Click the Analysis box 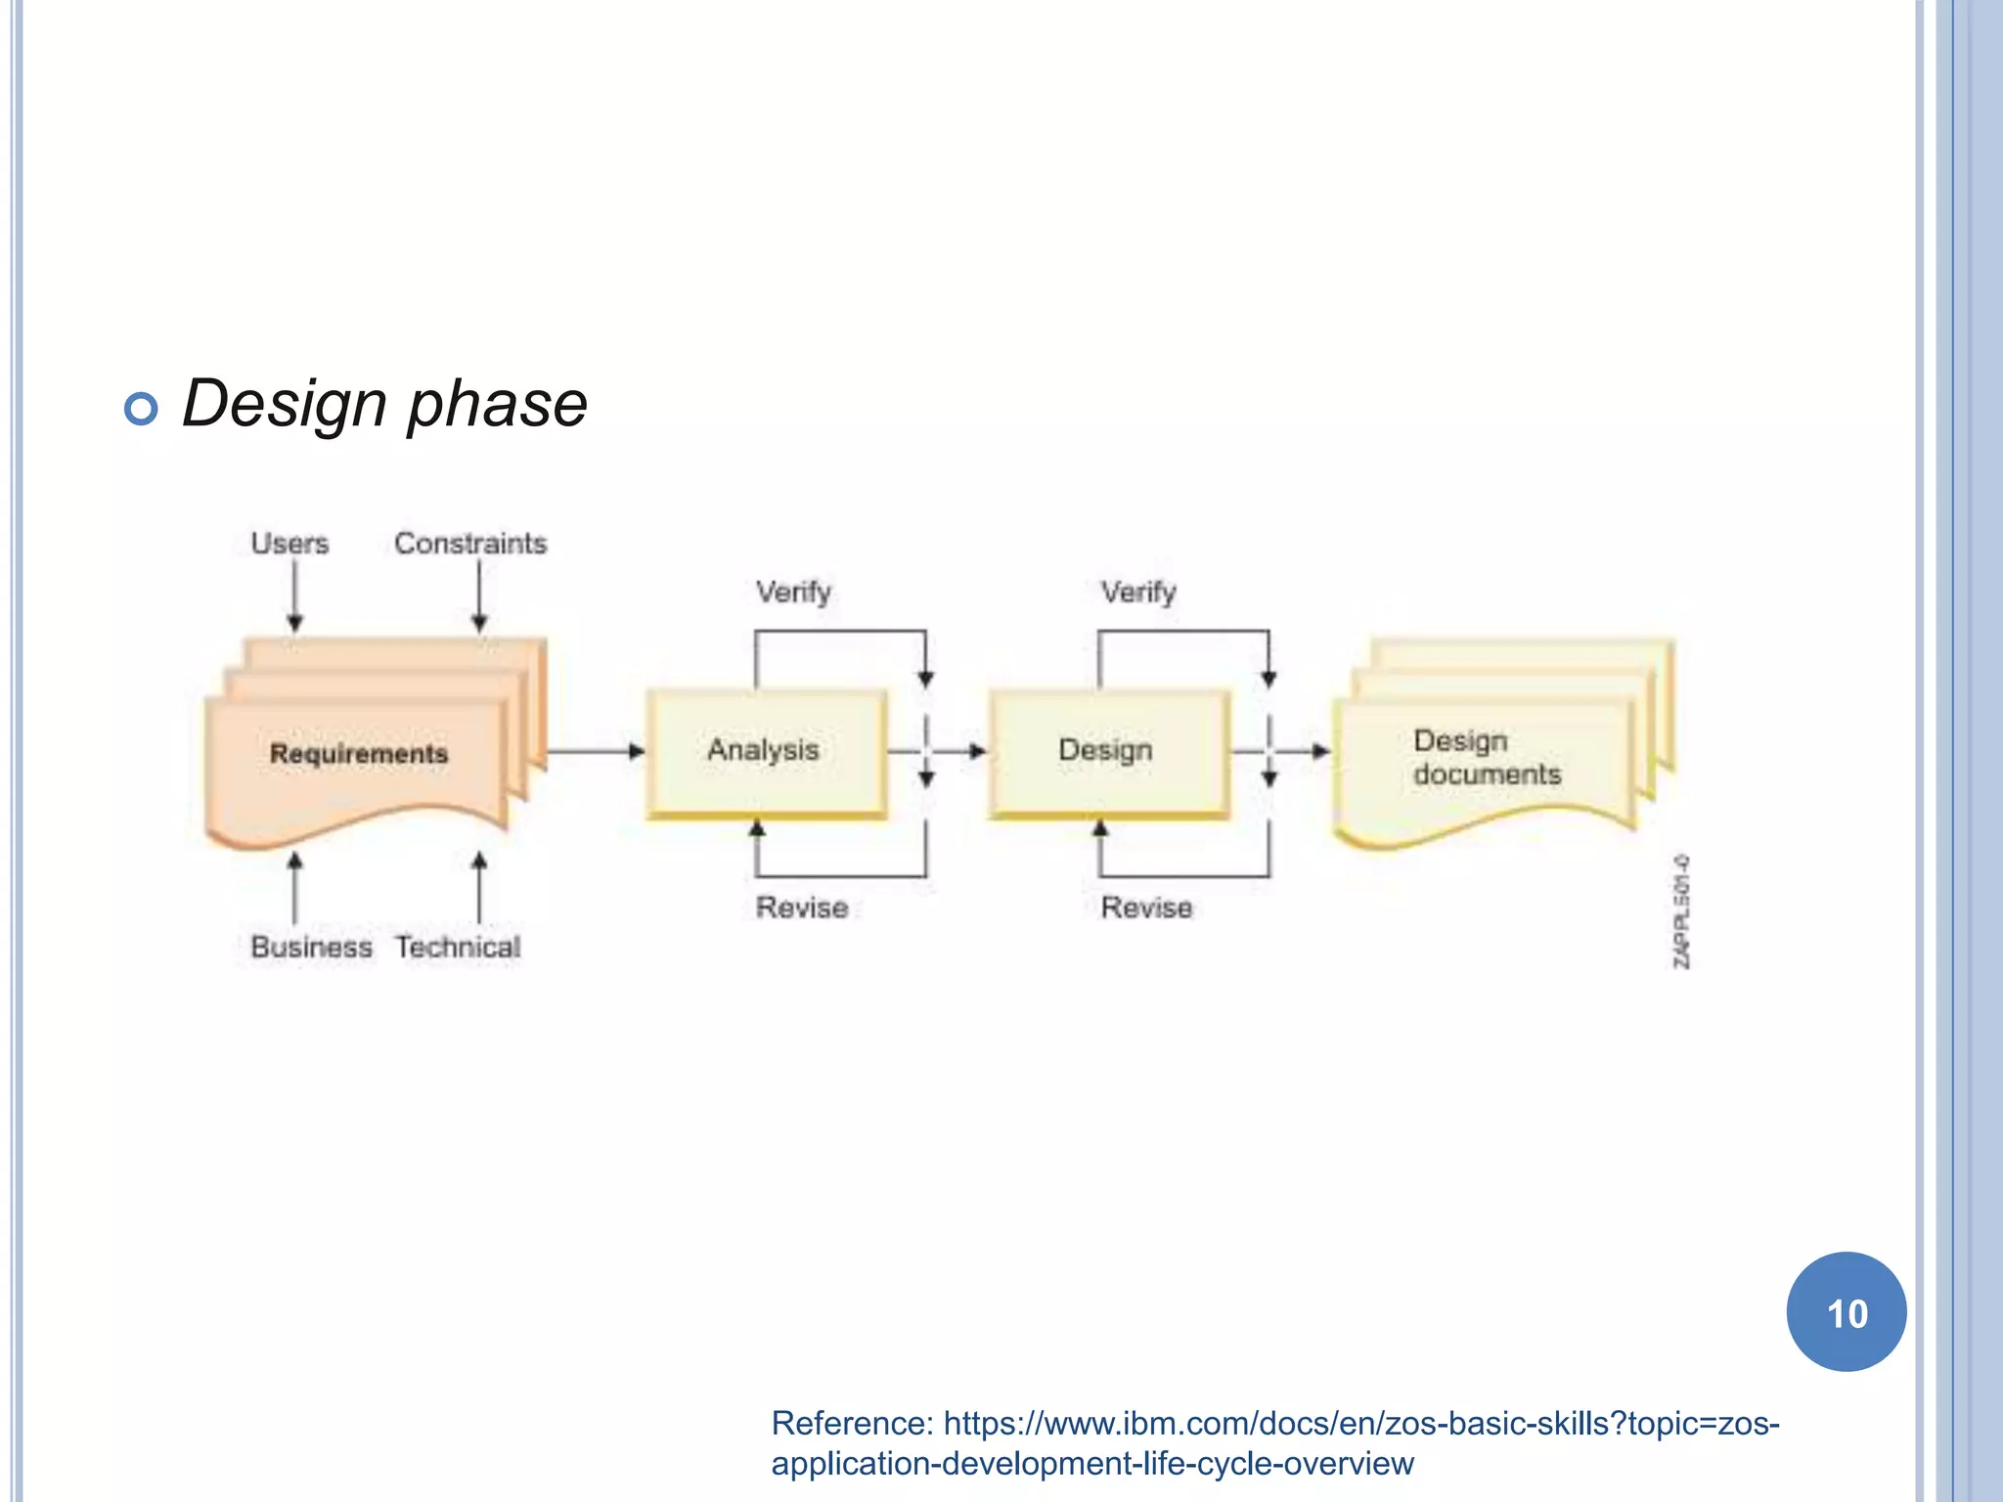pos(766,751)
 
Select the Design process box pos(1107,751)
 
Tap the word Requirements pos(359,754)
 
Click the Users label pos(289,544)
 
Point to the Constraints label pos(470,544)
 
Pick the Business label pos(311,948)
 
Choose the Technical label pos(458,948)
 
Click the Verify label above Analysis pos(793,593)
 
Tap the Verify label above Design pos(1138,593)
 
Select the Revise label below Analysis pos(802,908)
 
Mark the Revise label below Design pos(1146,908)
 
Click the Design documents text pos(1487,758)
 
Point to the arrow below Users pos(294,596)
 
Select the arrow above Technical pos(479,886)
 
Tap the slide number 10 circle pos(1847,1312)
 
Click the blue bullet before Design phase pos(142,408)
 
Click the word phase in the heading pos(497,404)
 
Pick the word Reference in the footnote pos(852,1424)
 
